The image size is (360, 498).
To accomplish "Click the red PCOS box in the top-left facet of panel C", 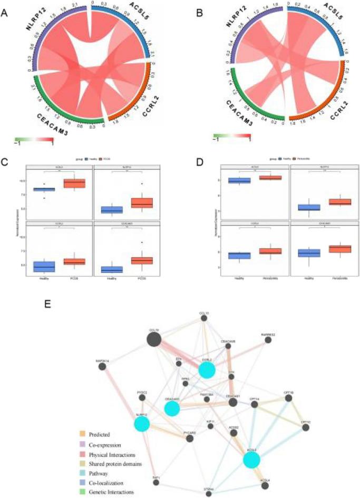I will pyautogui.click(x=78, y=183).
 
